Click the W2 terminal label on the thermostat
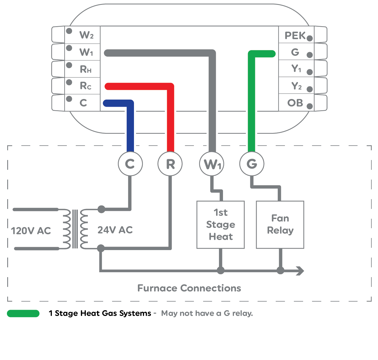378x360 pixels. pos(86,35)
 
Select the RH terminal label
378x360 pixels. pos(86,69)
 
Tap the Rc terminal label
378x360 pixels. pos(86,86)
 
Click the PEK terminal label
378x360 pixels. pos(295,35)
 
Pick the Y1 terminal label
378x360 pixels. pos(296,68)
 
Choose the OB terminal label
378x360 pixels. pos(295,103)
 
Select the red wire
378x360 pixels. pos(171,121)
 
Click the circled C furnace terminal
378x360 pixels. pos(130,164)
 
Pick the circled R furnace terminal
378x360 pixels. pos(170,164)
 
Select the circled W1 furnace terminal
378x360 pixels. pos(212,164)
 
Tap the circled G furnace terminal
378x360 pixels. pos(252,164)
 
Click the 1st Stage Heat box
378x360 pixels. pos(221,224)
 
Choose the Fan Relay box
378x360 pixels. pos(280,224)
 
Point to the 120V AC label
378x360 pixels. pos(31,231)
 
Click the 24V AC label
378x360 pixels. pos(115,230)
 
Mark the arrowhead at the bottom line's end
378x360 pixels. pos(301,271)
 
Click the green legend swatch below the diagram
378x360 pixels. pos(23,313)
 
